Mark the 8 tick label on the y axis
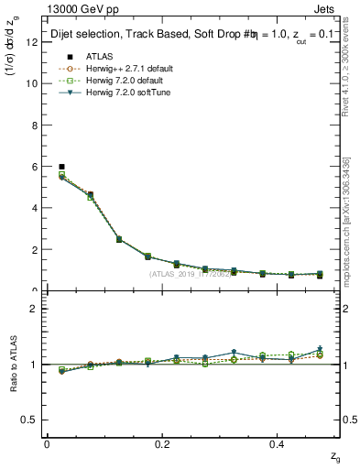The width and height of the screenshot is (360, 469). (x=34, y=125)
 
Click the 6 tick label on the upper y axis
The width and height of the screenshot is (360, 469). (x=34, y=166)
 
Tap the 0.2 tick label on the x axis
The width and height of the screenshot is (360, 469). (x=162, y=443)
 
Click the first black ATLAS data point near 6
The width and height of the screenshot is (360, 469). (x=61, y=167)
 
